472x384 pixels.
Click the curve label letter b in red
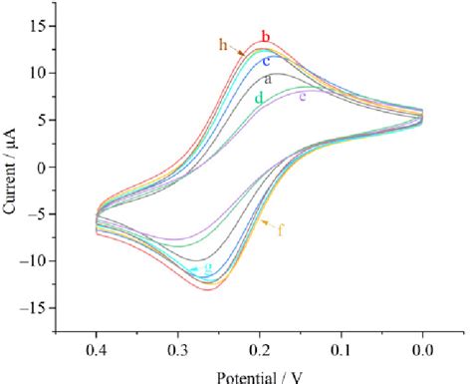pos(266,38)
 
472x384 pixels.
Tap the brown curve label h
pos(224,44)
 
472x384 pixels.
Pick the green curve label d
pos(259,98)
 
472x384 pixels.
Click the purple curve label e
pos(303,96)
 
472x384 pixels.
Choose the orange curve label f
pos(282,231)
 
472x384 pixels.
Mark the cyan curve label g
pos(208,268)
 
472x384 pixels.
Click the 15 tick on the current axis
pos(37,25)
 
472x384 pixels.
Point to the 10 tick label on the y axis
pos(37,73)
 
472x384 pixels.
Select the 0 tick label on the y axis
pos(41,167)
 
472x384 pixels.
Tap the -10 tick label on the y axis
pos(33,261)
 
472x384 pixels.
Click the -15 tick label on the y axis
pos(33,308)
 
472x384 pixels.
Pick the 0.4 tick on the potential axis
pos(97,352)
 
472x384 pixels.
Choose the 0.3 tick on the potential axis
pos(177,352)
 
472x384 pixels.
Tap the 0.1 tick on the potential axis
pos(341,352)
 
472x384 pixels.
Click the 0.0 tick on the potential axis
pos(422,352)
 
